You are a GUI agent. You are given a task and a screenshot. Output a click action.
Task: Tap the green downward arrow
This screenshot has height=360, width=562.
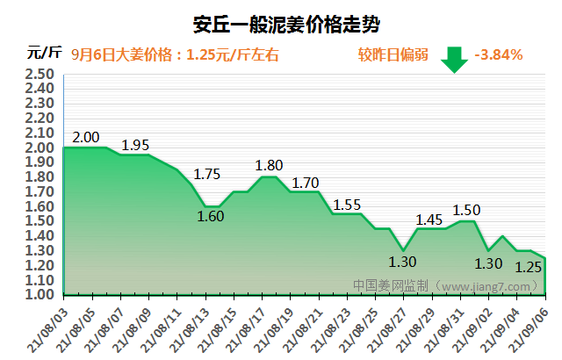click(454, 58)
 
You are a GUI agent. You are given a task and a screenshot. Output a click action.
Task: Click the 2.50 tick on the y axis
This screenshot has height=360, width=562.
click(41, 74)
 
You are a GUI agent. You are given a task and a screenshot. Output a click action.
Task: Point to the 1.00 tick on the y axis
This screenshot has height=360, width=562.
click(41, 295)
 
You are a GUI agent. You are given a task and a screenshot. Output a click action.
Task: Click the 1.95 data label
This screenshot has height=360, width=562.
click(135, 145)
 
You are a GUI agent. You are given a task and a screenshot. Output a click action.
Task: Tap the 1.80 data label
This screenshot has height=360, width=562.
click(269, 165)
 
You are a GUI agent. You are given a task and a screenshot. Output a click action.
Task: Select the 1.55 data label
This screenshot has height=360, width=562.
click(347, 205)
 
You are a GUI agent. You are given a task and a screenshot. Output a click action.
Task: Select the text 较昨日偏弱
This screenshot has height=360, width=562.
click(393, 54)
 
